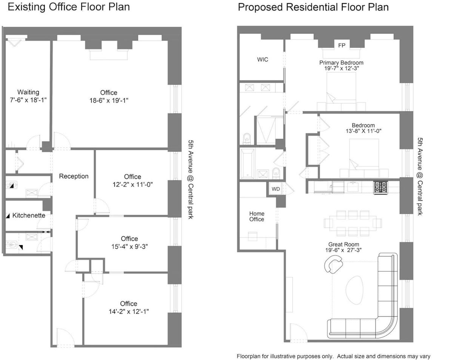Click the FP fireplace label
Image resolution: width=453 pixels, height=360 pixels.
coord(342,45)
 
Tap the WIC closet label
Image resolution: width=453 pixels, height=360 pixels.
coord(262,60)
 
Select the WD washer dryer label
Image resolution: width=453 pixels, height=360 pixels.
coord(276,189)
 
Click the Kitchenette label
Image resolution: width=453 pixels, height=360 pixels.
coord(29,215)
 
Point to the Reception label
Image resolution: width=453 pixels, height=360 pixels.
coord(74,176)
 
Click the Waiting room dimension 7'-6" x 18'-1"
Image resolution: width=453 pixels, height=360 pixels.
coord(28,100)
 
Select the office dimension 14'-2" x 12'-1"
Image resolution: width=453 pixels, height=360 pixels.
coord(129,311)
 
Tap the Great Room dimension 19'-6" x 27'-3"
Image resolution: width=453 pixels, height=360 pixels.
coord(344,250)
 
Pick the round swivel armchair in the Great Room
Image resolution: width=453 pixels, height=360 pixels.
coord(333,264)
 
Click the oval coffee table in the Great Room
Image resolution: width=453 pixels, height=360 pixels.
coord(354,290)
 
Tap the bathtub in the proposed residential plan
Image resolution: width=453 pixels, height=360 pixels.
coord(247,163)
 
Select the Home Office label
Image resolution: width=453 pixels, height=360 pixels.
coord(257,216)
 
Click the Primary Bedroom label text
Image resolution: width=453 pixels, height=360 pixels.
coord(341,63)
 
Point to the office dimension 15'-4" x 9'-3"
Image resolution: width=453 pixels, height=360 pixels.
coord(129,246)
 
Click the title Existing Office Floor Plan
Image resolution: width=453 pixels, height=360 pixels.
coord(69,7)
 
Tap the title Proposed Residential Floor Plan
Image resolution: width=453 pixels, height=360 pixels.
coord(313,7)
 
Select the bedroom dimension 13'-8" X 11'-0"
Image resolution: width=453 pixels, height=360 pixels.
coord(363,131)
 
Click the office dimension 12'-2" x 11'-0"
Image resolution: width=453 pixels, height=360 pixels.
coord(133,185)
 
